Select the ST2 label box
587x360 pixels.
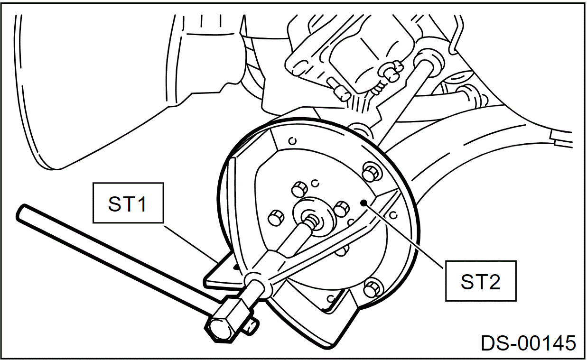click(480, 281)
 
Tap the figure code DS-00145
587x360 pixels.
click(528, 343)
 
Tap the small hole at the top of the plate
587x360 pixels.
click(293, 140)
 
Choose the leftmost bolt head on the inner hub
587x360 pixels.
click(276, 218)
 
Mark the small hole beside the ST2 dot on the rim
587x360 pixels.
click(393, 215)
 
